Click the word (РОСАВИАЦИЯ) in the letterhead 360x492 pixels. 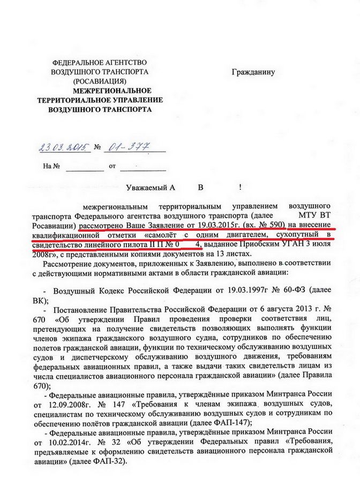coord(100,81)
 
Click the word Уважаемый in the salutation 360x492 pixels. coord(147,187)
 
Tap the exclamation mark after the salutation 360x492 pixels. coord(240,187)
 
